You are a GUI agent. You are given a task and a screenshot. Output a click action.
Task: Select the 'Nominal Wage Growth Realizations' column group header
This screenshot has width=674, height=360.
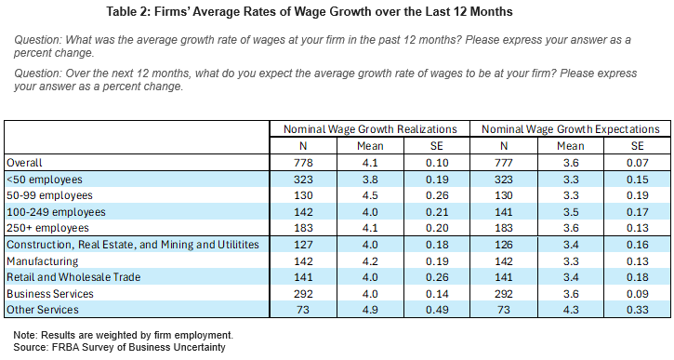point(370,129)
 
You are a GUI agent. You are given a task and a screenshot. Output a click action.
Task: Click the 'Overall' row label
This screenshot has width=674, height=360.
point(25,162)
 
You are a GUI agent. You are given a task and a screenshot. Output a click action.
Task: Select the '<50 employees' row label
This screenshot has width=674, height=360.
point(44,179)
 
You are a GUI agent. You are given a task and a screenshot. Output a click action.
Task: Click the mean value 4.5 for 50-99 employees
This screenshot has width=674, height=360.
point(370,195)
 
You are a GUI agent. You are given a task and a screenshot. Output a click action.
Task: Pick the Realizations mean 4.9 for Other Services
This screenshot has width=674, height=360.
point(370,310)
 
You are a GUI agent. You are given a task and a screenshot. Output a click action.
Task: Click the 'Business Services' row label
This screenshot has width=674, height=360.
point(52,294)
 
